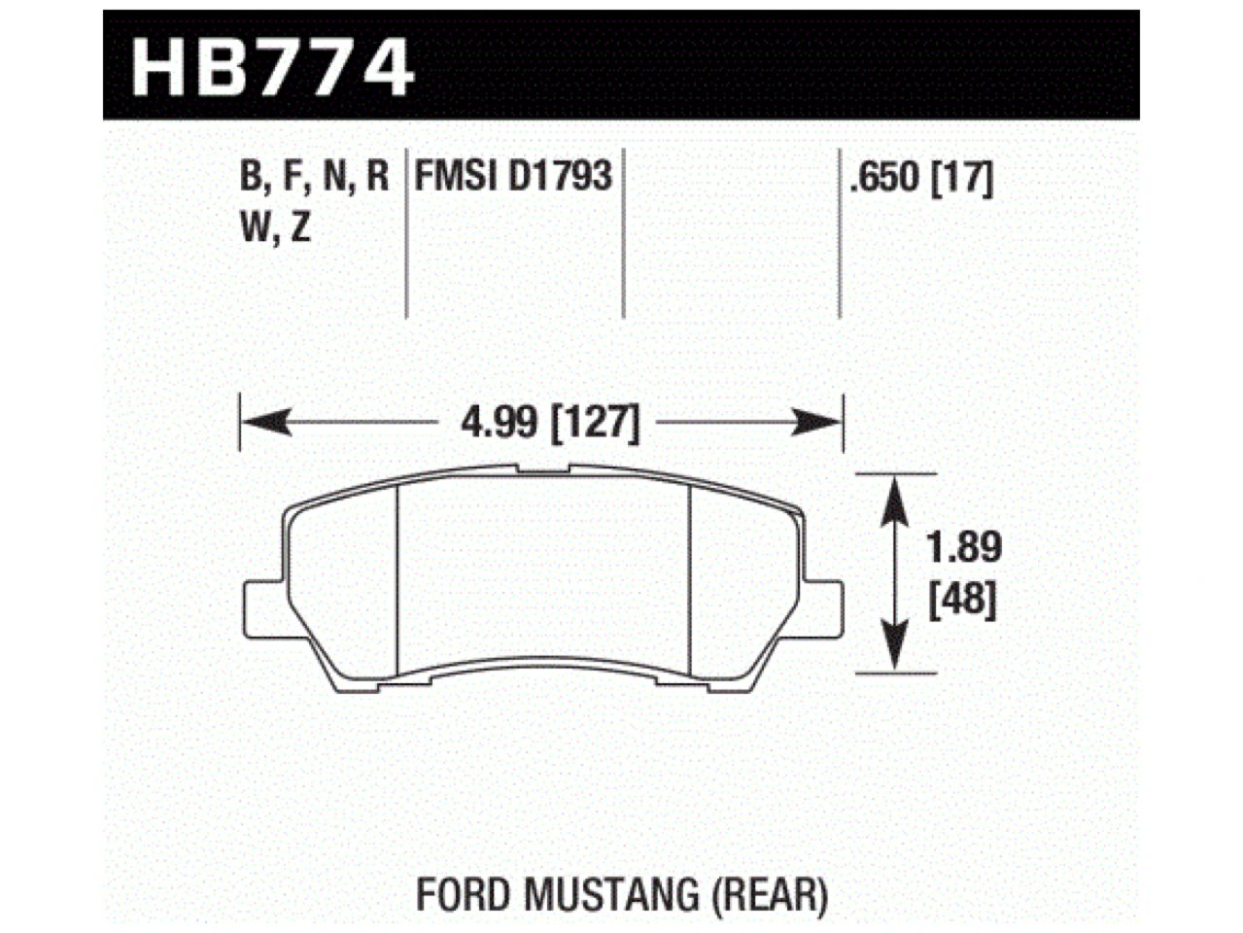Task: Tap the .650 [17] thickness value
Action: click(x=919, y=179)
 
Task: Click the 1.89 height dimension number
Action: click(x=961, y=548)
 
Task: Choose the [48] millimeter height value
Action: click(x=961, y=603)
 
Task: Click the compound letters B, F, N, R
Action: click(x=313, y=178)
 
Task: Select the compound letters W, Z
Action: click(x=273, y=229)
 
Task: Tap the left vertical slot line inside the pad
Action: click(x=399, y=583)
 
